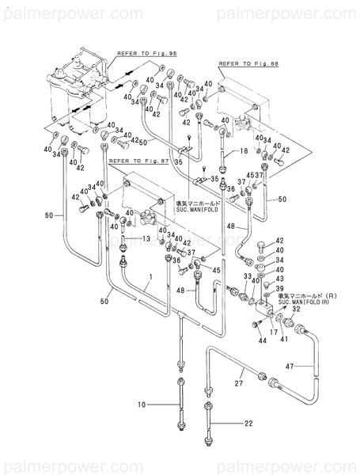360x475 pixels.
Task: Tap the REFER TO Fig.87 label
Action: (133, 159)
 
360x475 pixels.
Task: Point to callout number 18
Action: (244, 150)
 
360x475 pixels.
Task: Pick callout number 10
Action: (142, 406)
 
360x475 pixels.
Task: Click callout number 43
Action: (280, 279)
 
